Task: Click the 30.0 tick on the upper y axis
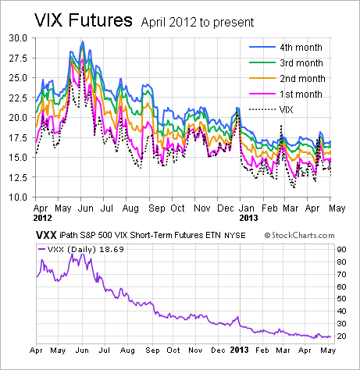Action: point(17,37)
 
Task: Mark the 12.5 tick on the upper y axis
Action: point(17,177)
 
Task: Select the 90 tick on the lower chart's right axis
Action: point(342,248)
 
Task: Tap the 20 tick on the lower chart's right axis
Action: point(342,336)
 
